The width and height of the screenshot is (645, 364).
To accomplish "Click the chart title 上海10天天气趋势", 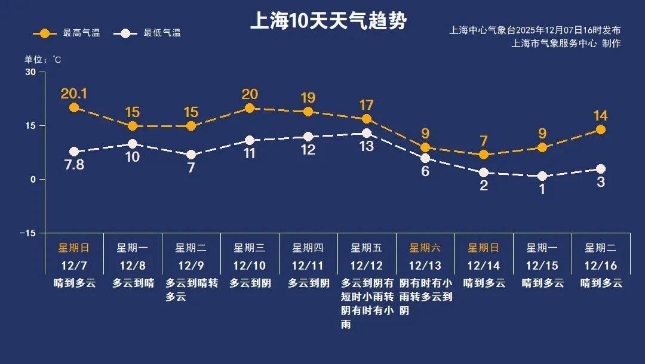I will [328, 22].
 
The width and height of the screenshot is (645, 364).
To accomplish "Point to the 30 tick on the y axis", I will [30, 72].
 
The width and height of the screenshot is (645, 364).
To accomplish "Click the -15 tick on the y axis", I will [27, 233].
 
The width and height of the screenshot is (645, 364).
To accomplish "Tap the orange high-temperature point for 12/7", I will [74, 107].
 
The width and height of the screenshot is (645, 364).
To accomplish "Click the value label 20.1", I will [74, 94].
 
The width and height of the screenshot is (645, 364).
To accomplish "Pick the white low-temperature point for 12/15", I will [542, 176].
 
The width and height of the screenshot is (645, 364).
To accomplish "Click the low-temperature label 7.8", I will [74, 165].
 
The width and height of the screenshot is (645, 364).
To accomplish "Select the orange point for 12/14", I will [484, 155].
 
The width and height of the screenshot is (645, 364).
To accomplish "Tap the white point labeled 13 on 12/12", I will [367, 133].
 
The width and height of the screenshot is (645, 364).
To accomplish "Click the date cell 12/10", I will [249, 266].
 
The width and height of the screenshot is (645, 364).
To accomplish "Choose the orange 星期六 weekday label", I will [425, 248].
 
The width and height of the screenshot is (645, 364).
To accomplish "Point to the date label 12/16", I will [600, 266].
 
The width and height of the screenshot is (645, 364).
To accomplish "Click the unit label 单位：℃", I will [42, 60].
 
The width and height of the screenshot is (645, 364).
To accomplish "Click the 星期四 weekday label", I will [308, 248].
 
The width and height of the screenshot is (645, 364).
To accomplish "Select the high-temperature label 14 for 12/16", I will [601, 116].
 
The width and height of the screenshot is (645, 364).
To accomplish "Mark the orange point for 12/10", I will [250, 108].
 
